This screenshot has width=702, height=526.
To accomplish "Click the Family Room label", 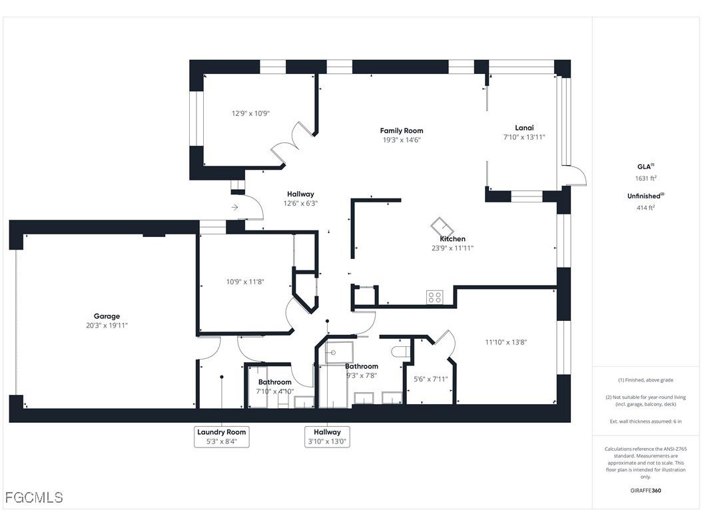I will [401, 131].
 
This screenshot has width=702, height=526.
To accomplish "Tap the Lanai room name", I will [524, 128].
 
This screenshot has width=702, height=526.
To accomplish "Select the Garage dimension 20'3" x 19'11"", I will [107, 326].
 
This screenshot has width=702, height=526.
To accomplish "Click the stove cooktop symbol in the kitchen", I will [435, 297].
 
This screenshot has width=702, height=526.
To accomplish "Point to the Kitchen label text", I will [452, 239].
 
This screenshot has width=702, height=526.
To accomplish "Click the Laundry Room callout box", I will [221, 437].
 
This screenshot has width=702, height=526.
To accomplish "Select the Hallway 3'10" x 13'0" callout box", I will [327, 437].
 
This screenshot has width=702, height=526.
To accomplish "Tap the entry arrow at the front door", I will [234, 208].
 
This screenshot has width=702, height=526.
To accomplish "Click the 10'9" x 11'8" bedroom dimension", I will [245, 282].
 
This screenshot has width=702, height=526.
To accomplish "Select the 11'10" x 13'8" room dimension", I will [506, 342].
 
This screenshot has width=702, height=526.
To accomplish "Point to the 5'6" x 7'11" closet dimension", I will [430, 379].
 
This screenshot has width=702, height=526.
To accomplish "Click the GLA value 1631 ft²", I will [645, 178].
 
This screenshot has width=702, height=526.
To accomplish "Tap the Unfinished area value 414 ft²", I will [645, 208].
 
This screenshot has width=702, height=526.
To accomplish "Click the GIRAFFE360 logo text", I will [646, 491].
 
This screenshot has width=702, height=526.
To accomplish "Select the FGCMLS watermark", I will [34, 497].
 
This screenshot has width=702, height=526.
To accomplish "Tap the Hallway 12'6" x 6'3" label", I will [300, 198].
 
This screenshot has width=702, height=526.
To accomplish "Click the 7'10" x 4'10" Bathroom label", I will [275, 387].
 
